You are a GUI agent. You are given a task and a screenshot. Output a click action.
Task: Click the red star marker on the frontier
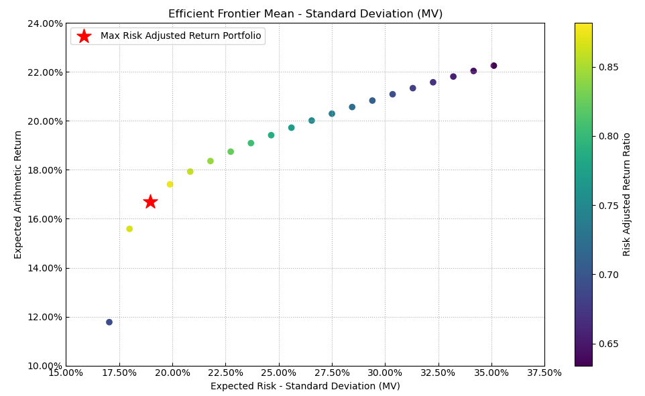[x=150, y=202]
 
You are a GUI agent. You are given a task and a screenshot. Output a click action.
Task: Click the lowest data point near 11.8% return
[x=109, y=322]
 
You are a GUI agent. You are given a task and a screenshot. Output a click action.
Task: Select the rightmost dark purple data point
[x=493, y=66]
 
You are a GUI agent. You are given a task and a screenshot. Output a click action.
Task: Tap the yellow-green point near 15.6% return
[x=129, y=229]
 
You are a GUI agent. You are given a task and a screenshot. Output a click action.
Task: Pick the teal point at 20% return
[x=312, y=121]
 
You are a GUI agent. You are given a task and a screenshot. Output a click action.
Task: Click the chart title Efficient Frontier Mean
[x=305, y=14]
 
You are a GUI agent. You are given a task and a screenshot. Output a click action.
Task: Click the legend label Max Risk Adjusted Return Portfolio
[x=180, y=36]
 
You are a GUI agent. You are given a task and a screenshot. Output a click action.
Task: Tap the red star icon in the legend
[x=84, y=36]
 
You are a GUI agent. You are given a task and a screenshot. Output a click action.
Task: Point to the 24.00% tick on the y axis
[x=44, y=23]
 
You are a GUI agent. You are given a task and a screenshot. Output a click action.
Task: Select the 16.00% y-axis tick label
[x=44, y=219]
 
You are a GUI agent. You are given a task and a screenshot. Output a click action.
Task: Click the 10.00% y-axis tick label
[x=44, y=366]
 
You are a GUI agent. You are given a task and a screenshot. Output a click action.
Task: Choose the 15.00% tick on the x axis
[x=66, y=373]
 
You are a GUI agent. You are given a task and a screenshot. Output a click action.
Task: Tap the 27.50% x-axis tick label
[x=331, y=373]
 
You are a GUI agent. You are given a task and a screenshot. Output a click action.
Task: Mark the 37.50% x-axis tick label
[x=544, y=373]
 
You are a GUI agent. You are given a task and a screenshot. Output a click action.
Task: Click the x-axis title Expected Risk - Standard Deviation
[x=305, y=387]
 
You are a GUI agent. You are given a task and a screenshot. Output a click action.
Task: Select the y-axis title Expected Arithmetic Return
[x=19, y=194]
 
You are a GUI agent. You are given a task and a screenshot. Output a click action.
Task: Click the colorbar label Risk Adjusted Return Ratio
[x=628, y=194]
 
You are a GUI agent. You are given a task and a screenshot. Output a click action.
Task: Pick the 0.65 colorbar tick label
[x=609, y=344]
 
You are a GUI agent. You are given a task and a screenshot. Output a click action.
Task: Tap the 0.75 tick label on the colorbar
[x=609, y=206]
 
